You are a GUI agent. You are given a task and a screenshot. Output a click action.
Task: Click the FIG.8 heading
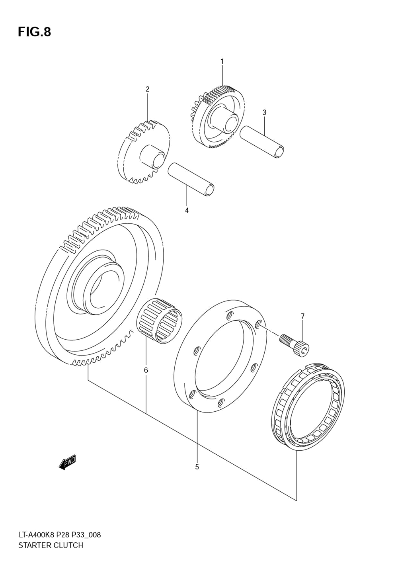coord(34,32)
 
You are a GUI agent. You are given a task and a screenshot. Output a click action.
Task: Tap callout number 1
coord(222,61)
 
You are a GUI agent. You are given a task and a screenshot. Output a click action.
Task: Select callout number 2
coord(147,89)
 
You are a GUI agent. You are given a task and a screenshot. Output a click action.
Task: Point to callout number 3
coord(264,113)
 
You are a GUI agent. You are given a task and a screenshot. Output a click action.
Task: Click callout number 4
coord(187,210)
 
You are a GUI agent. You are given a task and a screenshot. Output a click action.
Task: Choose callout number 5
coord(197,467)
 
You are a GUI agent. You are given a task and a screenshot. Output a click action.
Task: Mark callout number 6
coord(146,370)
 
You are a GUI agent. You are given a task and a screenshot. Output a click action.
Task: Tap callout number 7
coord(302,316)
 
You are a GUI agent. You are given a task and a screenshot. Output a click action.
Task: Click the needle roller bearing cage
coord(158,321)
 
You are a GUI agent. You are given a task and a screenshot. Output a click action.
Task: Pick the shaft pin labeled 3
coord(262,141)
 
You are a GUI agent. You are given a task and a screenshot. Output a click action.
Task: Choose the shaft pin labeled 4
coord(191,179)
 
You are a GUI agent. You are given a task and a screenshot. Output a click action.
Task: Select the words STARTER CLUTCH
coord(51,545)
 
